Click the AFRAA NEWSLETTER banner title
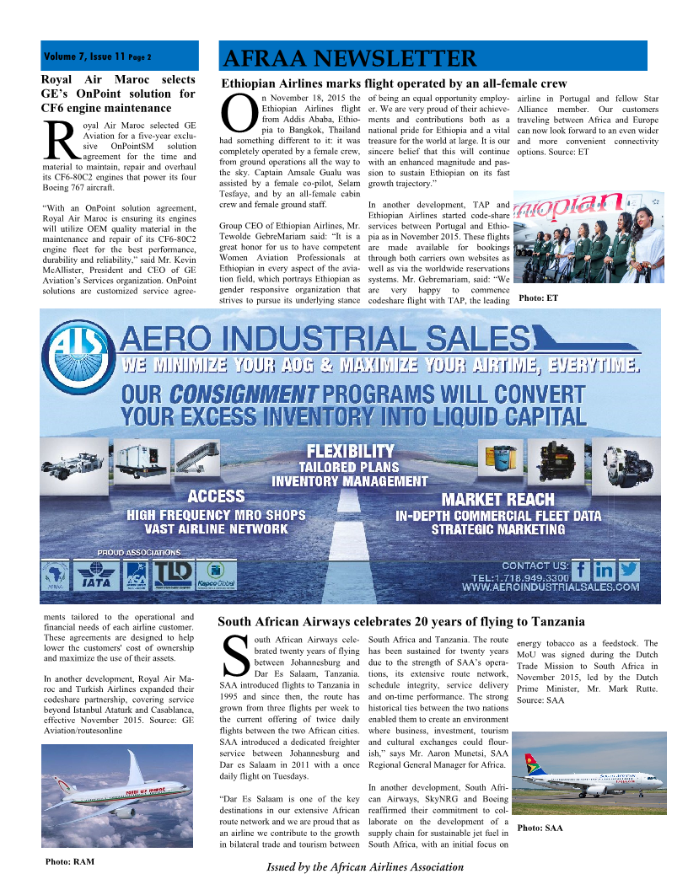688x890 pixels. (x=349, y=58)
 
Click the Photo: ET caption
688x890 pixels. (x=538, y=298)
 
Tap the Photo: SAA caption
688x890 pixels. (x=540, y=828)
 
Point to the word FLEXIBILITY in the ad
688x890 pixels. (x=349, y=451)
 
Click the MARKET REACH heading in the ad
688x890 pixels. (x=497, y=499)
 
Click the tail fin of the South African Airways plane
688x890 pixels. (x=536, y=765)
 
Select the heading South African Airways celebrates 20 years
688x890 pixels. (x=400, y=622)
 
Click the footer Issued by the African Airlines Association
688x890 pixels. (x=365, y=866)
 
